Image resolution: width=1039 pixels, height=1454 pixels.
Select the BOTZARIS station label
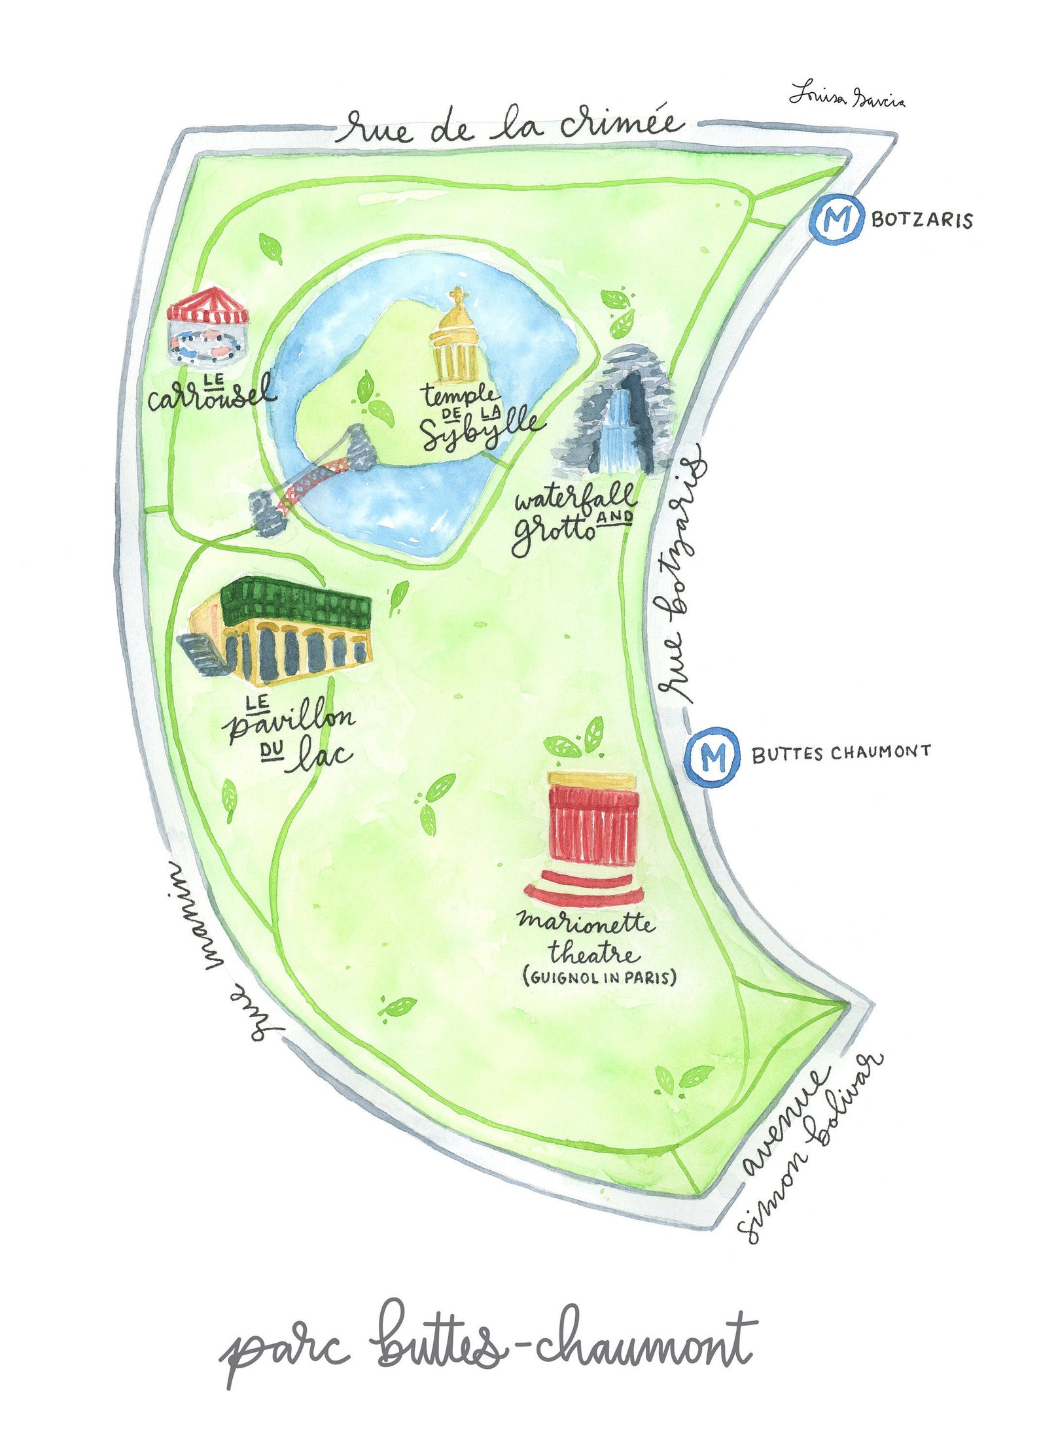pyautogui.click(x=921, y=220)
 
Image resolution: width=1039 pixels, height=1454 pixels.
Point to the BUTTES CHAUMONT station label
pyautogui.click(x=841, y=752)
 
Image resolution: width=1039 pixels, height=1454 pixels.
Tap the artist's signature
pyautogui.click(x=847, y=95)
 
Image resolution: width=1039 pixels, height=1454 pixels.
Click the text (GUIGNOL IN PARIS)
pyautogui.click(x=599, y=977)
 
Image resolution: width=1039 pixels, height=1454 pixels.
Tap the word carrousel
pyautogui.click(x=211, y=394)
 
